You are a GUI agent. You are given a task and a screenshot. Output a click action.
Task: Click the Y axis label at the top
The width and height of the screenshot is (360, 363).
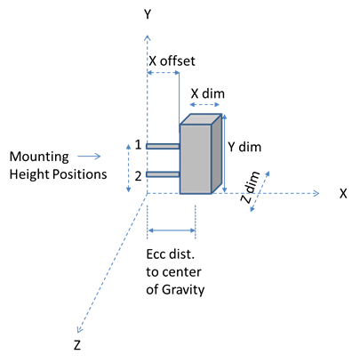click(x=148, y=14)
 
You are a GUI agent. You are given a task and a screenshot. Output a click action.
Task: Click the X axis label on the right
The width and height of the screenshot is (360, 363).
click(x=343, y=194)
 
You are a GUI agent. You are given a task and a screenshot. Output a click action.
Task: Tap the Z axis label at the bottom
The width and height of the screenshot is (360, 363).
click(x=77, y=345)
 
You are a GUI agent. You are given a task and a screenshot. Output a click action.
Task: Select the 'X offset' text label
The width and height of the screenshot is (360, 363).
click(x=172, y=61)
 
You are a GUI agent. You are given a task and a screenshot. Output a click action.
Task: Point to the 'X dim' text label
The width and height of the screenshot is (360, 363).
click(x=208, y=93)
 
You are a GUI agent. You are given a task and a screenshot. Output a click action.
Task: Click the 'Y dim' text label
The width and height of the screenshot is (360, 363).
click(x=244, y=147)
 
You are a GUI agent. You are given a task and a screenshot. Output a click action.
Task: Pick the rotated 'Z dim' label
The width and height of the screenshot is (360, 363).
click(x=250, y=187)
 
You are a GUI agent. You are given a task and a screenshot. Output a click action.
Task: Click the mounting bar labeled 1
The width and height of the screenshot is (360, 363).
click(x=163, y=146)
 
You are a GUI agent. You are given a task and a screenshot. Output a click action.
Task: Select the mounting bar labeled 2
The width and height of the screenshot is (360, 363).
click(x=163, y=174)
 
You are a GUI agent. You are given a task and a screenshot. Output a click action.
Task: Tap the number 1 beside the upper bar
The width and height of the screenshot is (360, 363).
click(x=138, y=145)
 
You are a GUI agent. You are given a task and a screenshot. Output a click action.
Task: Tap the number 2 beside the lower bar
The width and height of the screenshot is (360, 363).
click(x=138, y=176)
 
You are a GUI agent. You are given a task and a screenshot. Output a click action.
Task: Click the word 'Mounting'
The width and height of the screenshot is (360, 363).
click(x=39, y=157)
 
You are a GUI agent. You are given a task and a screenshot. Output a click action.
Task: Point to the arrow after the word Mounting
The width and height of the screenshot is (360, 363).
click(x=89, y=157)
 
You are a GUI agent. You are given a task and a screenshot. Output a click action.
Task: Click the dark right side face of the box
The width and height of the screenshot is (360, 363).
click(x=217, y=154)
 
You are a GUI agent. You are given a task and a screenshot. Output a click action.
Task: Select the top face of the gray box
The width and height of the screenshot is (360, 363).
click(x=201, y=119)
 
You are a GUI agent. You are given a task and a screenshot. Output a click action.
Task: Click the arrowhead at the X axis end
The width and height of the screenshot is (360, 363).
click(x=316, y=193)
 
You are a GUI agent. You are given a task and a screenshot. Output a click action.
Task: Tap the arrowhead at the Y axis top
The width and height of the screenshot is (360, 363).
click(x=148, y=37)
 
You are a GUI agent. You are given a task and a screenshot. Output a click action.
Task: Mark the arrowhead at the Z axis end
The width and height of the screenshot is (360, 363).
click(x=79, y=329)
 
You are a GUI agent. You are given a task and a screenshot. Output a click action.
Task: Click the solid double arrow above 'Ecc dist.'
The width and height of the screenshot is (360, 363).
click(x=172, y=230)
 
